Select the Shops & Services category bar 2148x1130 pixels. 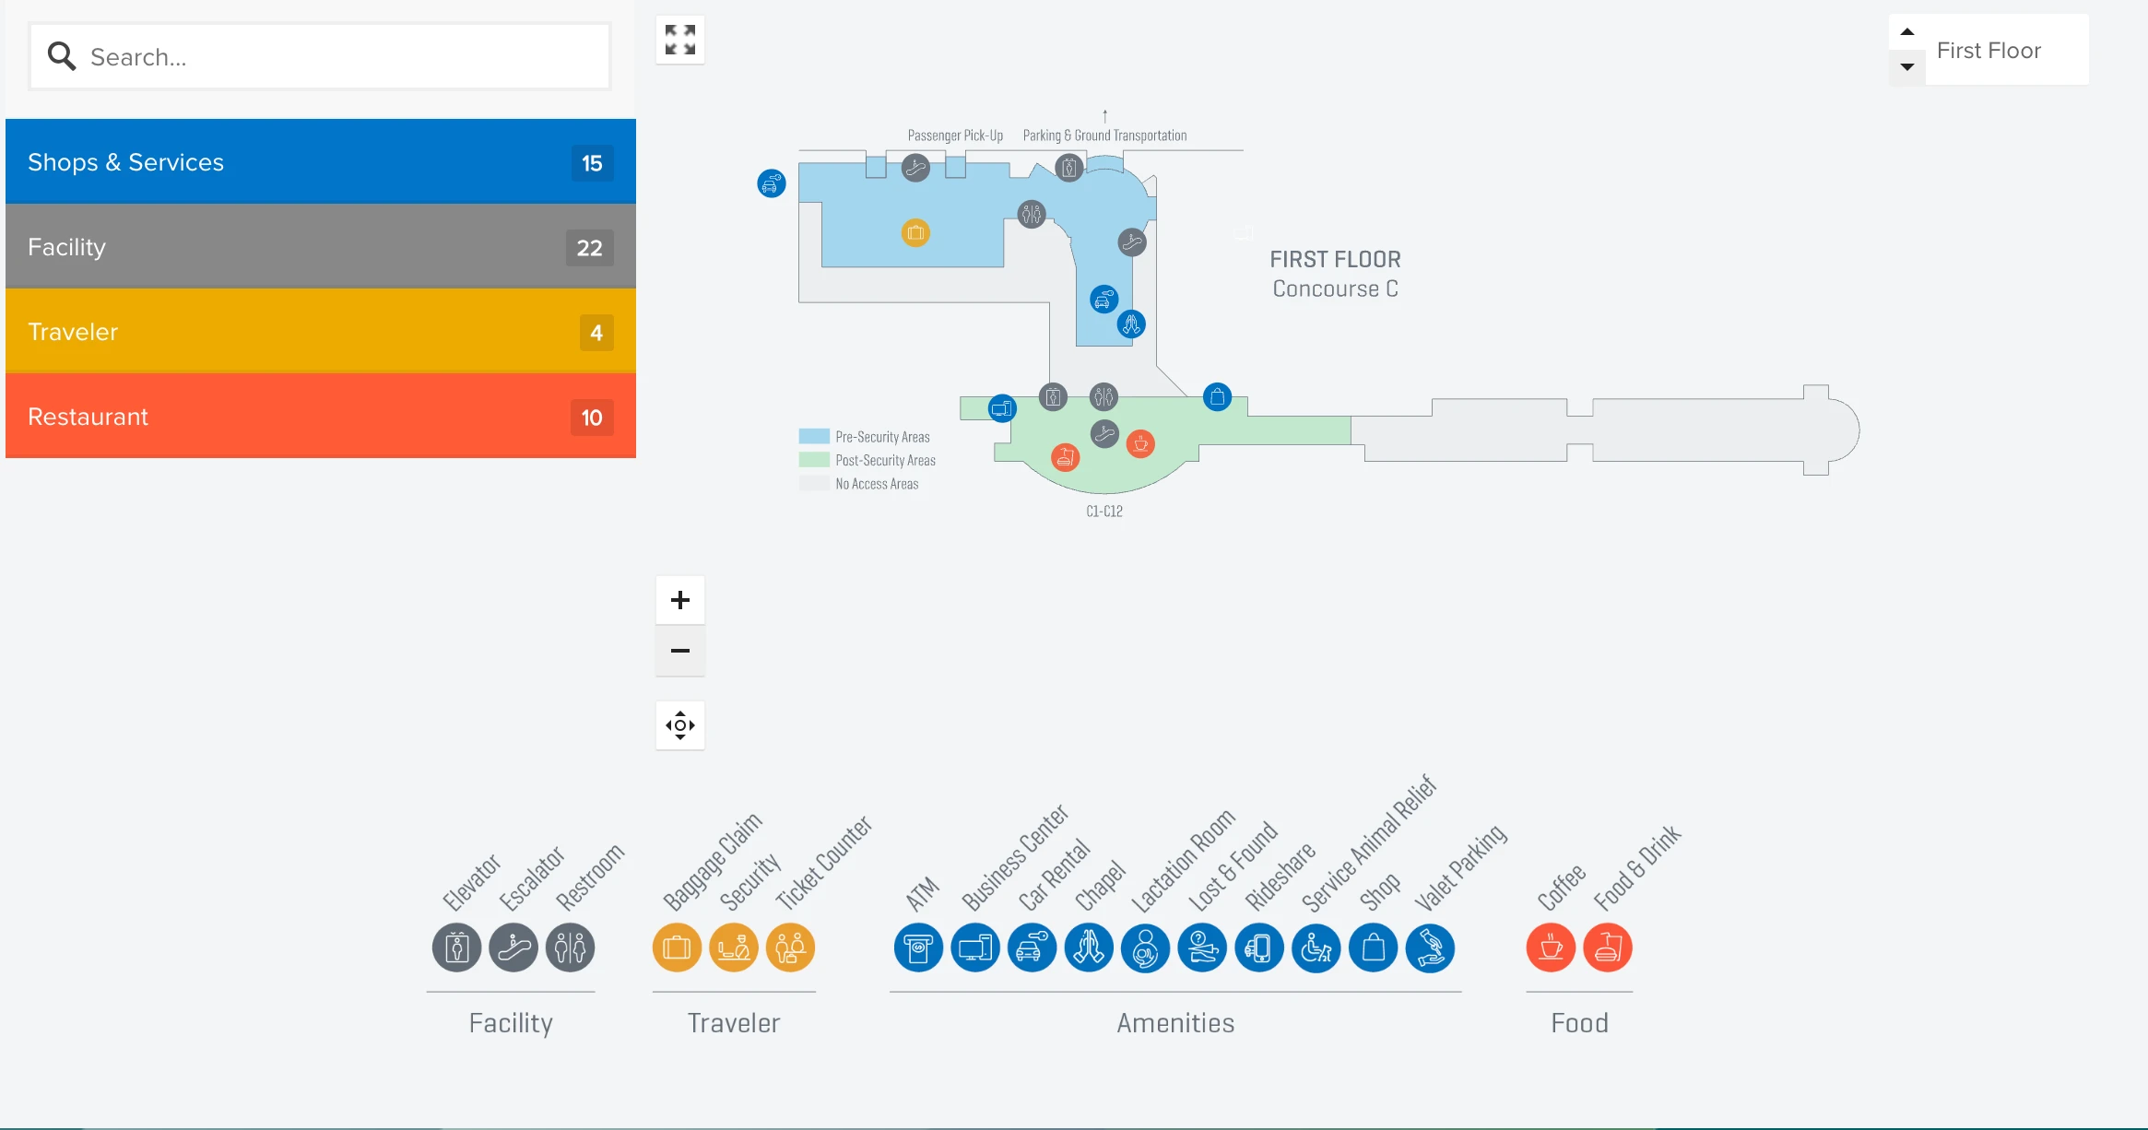(x=320, y=162)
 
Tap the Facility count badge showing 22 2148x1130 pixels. (x=589, y=248)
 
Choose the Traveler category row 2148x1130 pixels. (x=320, y=332)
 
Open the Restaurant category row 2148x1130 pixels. (x=320, y=417)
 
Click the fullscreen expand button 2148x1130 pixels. (x=680, y=40)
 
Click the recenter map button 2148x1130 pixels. (x=680, y=725)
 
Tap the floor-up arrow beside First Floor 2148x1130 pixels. (x=1907, y=32)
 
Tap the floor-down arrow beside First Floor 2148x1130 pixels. (x=1907, y=67)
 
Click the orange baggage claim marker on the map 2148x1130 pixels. (x=915, y=232)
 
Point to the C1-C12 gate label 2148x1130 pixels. (x=1104, y=512)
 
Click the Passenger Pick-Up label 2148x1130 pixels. (x=955, y=135)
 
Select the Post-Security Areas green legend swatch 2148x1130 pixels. (x=814, y=460)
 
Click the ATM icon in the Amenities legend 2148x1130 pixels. (x=918, y=948)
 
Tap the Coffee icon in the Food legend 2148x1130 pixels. (x=1551, y=948)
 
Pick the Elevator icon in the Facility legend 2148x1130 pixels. (x=456, y=948)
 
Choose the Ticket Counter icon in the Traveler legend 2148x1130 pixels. (x=790, y=948)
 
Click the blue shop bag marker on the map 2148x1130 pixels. (x=1217, y=397)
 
